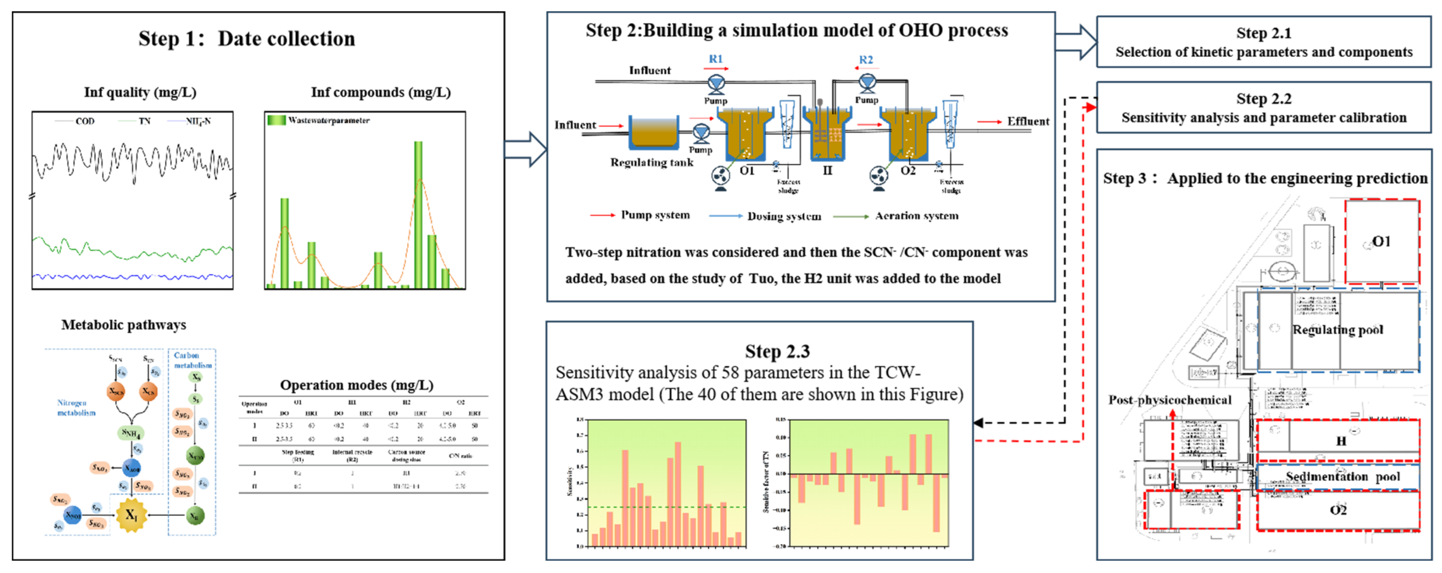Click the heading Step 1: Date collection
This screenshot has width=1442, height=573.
246,39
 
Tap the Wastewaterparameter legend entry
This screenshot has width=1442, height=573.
328,120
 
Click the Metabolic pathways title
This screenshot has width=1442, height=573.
124,325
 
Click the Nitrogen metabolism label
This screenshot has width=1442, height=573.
76,408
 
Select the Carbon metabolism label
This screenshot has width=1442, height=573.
192,360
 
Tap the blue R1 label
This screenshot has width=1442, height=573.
716,59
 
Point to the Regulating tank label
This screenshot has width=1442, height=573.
652,163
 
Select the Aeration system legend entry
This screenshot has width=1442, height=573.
916,216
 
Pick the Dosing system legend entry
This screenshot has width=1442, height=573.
784,216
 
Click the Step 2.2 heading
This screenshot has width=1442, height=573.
1264,99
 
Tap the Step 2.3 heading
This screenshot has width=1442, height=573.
777,351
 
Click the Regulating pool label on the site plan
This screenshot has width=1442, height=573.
1337,330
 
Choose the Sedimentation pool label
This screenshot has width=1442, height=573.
1342,477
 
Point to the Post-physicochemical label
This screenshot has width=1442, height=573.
1170,400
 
